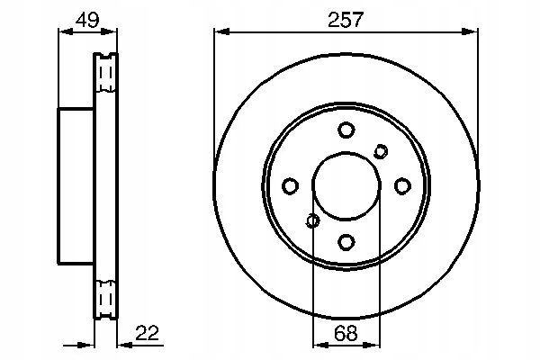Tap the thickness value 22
pos(148,333)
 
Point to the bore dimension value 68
pos(346,333)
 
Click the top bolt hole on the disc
pos(346,130)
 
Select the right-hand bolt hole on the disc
pos(402,185)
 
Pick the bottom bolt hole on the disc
pos(346,241)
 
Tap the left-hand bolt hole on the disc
pos(290,185)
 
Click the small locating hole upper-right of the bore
pos(381,151)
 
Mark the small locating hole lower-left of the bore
pos(312,220)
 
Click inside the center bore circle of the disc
pos(346,185)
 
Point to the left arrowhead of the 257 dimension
pos(219,31)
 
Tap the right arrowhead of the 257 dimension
pos(473,31)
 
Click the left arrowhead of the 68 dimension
pos(317,345)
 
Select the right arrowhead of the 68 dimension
pos(375,345)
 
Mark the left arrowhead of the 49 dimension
pos(62,31)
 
